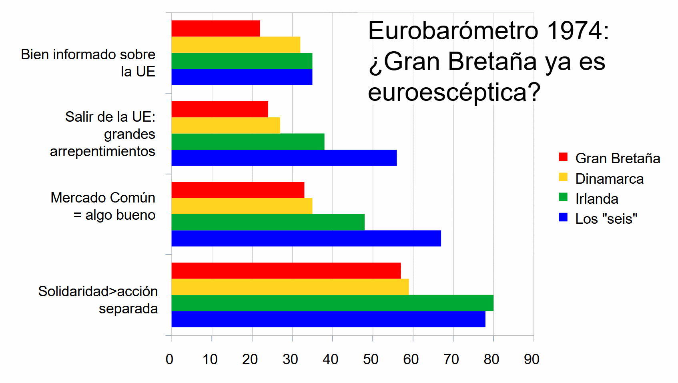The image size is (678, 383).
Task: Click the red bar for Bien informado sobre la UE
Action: [x=216, y=28]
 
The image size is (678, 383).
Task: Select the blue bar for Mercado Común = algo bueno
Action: [x=306, y=239]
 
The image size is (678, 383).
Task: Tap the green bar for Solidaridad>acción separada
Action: [x=332, y=303]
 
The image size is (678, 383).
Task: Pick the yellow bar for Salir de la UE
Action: [x=226, y=125]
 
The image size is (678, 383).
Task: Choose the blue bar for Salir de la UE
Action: [x=284, y=158]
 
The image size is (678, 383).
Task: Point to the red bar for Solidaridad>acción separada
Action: [x=286, y=271]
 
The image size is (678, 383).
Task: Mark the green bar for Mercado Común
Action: [x=268, y=222]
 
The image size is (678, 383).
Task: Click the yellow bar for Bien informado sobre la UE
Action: [x=236, y=44]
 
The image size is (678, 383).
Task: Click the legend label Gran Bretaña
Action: [x=618, y=158]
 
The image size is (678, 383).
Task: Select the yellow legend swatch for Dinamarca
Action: [x=563, y=177]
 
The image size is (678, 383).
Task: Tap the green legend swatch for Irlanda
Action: [x=563, y=197]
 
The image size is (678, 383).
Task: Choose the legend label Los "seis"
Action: [x=606, y=219]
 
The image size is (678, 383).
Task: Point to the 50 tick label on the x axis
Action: [x=371, y=359]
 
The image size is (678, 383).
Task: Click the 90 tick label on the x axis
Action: [x=532, y=359]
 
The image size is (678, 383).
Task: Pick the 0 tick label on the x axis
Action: [x=170, y=359]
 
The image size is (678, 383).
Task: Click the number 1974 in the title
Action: [x=578, y=31]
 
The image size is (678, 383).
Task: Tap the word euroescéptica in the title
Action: [x=454, y=92]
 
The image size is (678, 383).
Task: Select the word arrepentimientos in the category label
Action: [x=102, y=151]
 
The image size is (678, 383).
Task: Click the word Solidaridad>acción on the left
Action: [x=98, y=291]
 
